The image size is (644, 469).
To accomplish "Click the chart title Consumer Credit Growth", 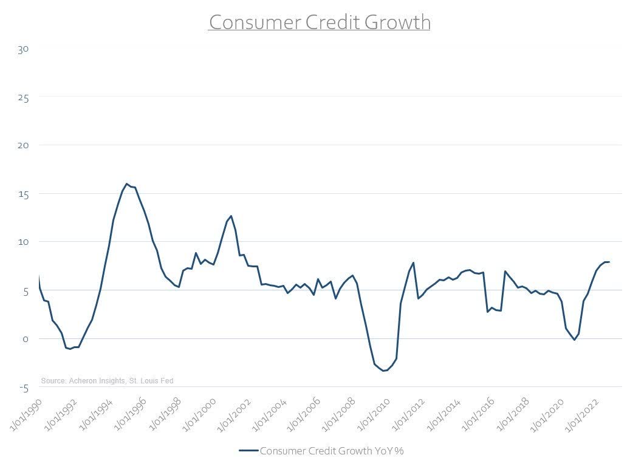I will coord(320,22).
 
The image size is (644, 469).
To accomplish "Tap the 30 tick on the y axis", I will coord(22,49).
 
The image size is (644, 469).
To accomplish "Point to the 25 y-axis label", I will coord(22,97).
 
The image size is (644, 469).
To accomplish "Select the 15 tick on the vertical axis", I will coord(22,194).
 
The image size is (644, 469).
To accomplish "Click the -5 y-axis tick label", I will coord(22,387).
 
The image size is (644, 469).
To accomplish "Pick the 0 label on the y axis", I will coord(25,339).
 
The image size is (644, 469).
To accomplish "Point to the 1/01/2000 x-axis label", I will coord(197,416).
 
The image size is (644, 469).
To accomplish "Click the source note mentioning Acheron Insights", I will coord(107,381).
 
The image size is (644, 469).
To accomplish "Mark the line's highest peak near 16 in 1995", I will coord(126,183).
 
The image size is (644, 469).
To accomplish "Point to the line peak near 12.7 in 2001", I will coord(231,216).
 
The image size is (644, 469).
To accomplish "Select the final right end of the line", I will coord(609,262).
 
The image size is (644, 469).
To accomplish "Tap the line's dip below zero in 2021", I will coord(574,340).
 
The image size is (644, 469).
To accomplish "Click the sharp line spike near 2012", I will coord(413,262).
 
